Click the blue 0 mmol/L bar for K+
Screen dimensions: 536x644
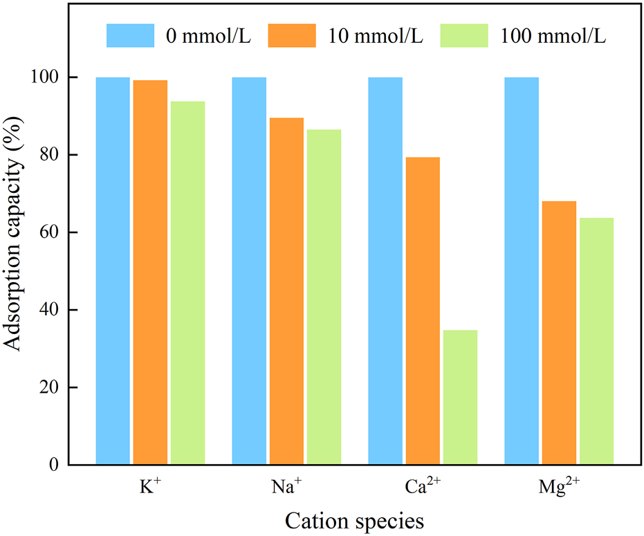[113, 270]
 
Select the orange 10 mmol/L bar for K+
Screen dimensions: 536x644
[150, 272]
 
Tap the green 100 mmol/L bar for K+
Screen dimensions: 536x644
[187, 283]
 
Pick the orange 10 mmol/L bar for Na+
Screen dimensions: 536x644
[286, 291]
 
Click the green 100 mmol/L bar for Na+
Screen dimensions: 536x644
[324, 297]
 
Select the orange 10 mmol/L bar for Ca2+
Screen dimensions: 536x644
[423, 311]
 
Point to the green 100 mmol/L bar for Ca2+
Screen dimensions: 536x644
[460, 397]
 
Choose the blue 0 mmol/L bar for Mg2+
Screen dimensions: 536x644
[522, 270]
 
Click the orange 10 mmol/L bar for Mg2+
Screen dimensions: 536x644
[559, 333]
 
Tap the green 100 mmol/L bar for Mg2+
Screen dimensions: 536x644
[596, 341]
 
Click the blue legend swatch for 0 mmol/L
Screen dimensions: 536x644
[130, 36]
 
